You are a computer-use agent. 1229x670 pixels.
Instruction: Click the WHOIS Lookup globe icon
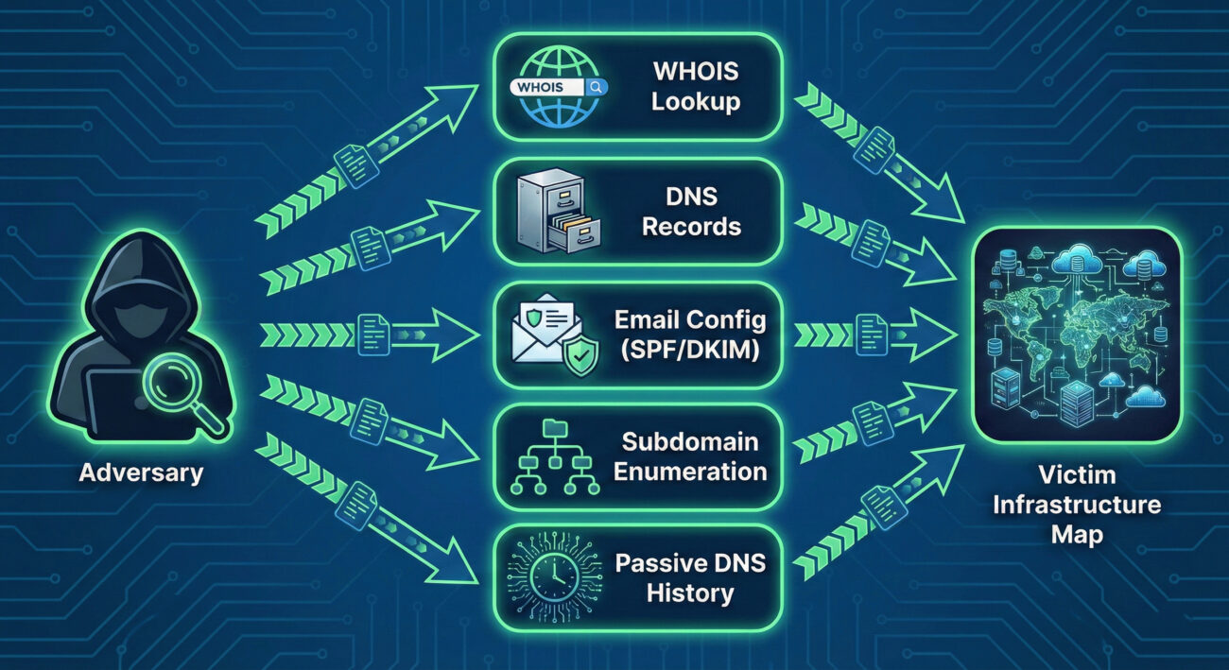[x=554, y=88]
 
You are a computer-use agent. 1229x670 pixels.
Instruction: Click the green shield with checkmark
[x=581, y=358]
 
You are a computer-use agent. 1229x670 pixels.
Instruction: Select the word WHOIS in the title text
[x=694, y=72]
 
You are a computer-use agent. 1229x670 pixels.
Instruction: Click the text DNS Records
[x=695, y=211]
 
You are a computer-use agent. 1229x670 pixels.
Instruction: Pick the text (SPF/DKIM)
[x=690, y=350]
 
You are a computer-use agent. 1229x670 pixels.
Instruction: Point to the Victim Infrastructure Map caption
[x=1080, y=504]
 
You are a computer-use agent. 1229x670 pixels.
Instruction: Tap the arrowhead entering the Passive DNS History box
[x=461, y=568]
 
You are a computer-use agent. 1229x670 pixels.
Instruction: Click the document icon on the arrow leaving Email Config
[x=872, y=333]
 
